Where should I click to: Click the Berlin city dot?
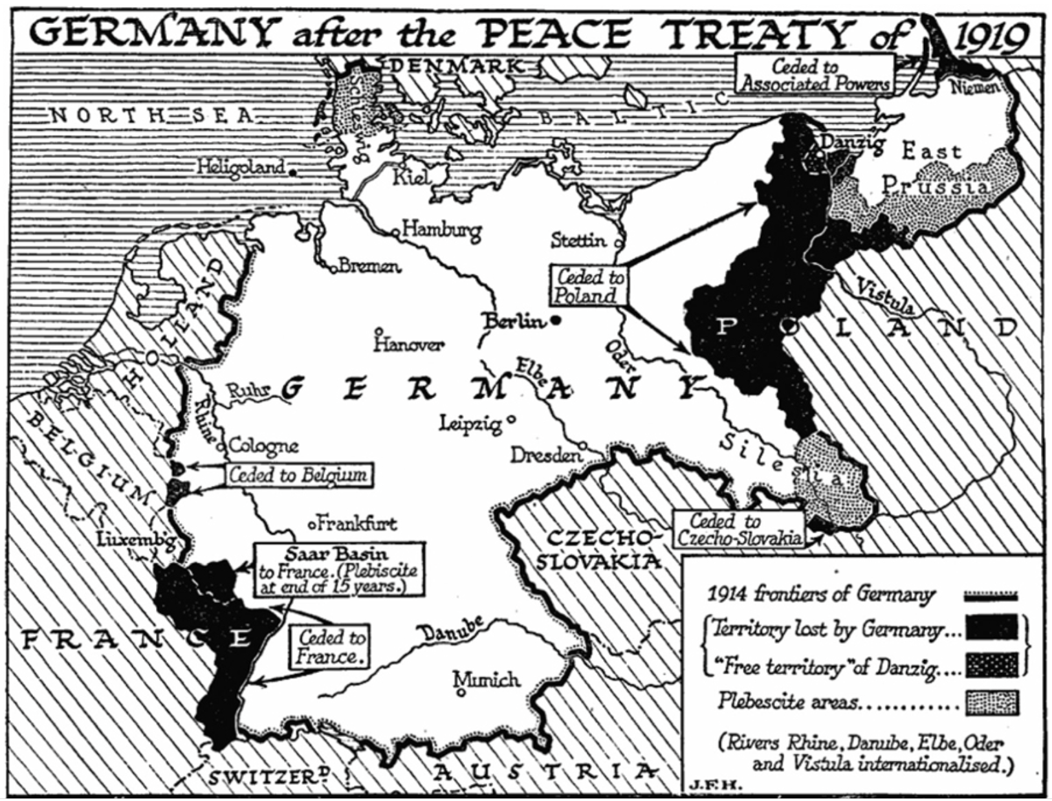tap(556, 320)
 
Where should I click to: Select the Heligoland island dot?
tap(292, 173)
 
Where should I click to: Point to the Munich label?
tap(487, 679)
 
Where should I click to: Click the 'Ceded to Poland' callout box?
tap(589, 285)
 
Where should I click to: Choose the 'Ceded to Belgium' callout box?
tap(298, 475)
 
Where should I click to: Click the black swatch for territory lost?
tap(991, 628)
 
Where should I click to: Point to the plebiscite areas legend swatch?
tap(991, 702)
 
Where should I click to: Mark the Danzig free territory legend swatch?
tap(991, 665)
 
